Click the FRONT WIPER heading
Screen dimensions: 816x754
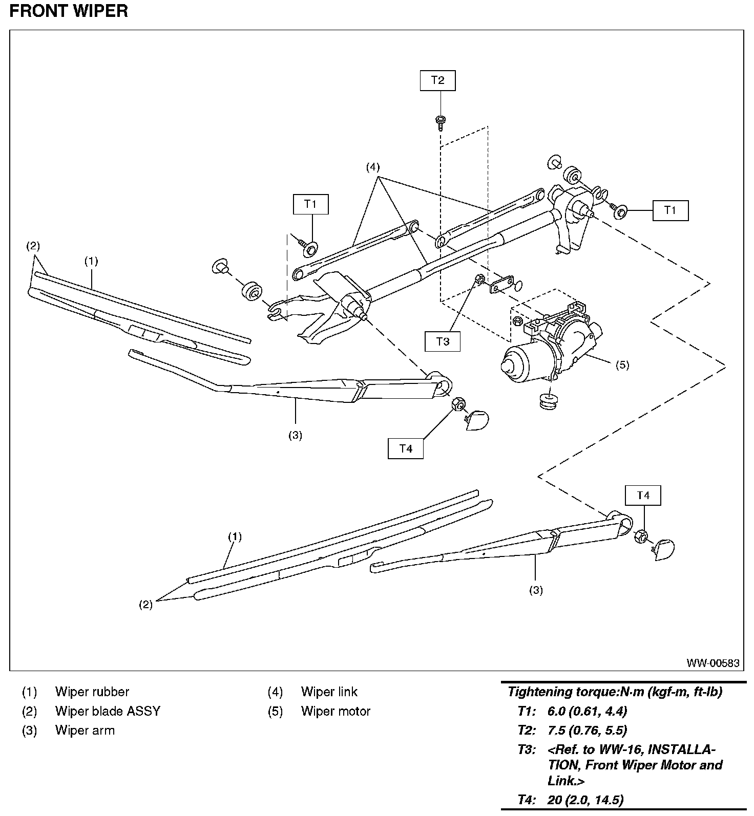pyautogui.click(x=69, y=11)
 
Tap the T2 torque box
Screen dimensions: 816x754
pyautogui.click(x=437, y=80)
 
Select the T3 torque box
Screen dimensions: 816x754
pyautogui.click(x=443, y=341)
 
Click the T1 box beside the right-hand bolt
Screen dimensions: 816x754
pyautogui.click(x=670, y=210)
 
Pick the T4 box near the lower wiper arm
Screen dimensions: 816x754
pyautogui.click(x=643, y=496)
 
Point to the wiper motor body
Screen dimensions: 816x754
pyautogui.click(x=551, y=348)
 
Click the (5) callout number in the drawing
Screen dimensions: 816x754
pyautogui.click(x=622, y=365)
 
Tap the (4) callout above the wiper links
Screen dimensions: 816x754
pyautogui.click(x=372, y=167)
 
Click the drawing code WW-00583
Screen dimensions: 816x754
pyautogui.click(x=713, y=663)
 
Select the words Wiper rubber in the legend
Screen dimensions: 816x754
pyautogui.click(x=92, y=692)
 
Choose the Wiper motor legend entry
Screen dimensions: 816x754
pyautogui.click(x=336, y=711)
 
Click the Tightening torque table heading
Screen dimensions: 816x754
pyautogui.click(x=615, y=692)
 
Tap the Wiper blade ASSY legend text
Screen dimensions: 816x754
pyautogui.click(x=108, y=711)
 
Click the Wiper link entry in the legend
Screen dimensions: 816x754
pyautogui.click(x=329, y=692)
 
